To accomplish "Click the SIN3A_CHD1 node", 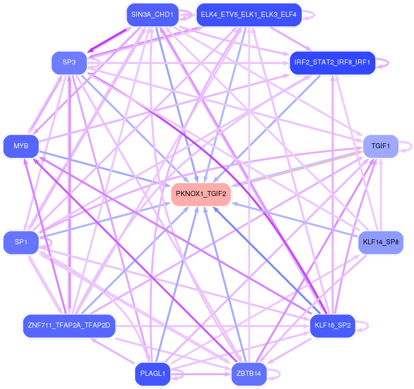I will [x=152, y=15].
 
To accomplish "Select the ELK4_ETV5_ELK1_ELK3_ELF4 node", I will [x=249, y=15].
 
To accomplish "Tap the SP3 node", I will [x=69, y=62].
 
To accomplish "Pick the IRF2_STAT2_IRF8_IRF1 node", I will [x=332, y=63].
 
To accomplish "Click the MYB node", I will [x=21, y=146].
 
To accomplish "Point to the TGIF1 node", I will [x=380, y=146].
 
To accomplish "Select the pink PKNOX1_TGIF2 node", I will [x=201, y=193].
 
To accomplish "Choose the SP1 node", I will [x=21, y=242].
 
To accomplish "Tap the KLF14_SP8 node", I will [x=381, y=242].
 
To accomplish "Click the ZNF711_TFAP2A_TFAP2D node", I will [x=70, y=325].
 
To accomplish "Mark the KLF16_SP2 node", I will [x=333, y=325].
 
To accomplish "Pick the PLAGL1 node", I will [x=152, y=374].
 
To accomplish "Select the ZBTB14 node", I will [x=249, y=374].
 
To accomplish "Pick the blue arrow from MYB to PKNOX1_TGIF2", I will [x=107, y=169].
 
